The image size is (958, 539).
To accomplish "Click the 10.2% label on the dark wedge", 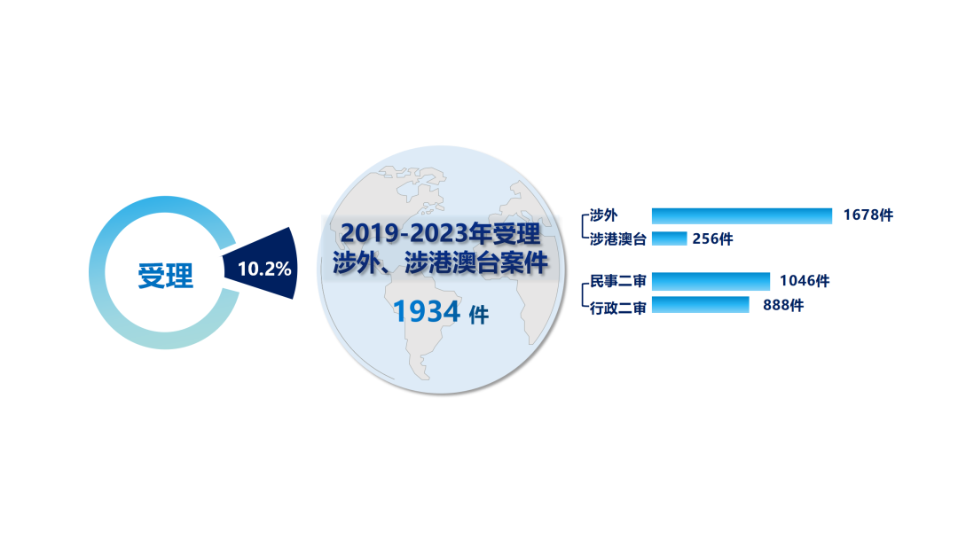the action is (x=264, y=269).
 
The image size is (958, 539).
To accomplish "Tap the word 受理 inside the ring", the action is (x=166, y=276).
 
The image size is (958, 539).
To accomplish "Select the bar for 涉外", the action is (x=742, y=216).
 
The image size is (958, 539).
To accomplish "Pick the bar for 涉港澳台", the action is (x=669, y=238).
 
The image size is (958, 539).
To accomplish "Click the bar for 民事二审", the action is (x=711, y=281).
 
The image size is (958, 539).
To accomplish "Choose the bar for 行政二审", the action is (x=700, y=305).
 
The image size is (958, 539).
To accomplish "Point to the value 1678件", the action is (x=868, y=215).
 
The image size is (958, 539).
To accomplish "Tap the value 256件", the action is (x=712, y=238).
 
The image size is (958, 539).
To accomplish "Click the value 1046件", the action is (x=805, y=281).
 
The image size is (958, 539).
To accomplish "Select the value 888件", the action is (x=783, y=305).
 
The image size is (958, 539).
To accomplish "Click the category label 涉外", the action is (x=603, y=215).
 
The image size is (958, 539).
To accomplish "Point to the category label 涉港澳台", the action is (x=617, y=239).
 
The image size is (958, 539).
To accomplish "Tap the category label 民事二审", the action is (x=617, y=281).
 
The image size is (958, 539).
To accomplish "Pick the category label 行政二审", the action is (x=617, y=309).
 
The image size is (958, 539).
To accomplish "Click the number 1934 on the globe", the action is (x=427, y=311).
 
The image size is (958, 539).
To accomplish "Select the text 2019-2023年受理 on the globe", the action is (x=441, y=233).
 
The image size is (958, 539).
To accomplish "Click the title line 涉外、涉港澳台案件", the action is (x=441, y=263).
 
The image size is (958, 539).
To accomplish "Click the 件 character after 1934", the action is (x=478, y=315).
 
